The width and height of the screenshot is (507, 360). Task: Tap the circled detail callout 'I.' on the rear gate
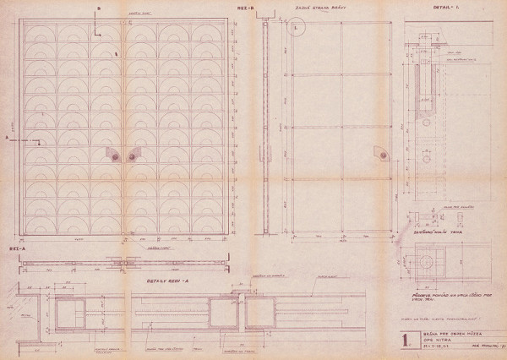[x=299, y=26]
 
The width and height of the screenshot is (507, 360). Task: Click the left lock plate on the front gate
[x=113, y=153]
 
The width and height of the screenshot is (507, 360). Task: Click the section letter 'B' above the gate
[x=99, y=8]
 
